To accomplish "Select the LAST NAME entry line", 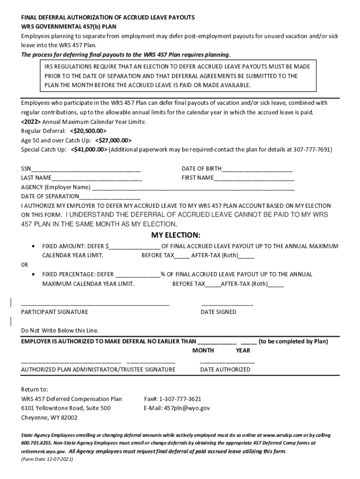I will [97, 178].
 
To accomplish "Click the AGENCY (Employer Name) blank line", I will [193, 188].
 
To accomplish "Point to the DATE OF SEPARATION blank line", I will [110, 196].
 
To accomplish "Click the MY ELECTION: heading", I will [175, 235].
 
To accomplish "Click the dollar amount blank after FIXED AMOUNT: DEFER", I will [135, 246].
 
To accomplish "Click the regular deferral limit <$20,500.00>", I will [88, 131].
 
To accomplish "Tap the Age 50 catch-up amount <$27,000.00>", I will [113, 140].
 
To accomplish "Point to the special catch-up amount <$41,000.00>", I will [89, 150].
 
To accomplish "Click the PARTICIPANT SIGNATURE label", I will [55, 312].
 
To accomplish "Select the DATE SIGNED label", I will [218, 312].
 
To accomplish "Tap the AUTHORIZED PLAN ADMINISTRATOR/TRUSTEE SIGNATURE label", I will [99, 370].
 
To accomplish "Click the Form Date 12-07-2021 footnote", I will [47, 459].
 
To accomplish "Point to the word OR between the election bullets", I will [25, 265].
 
